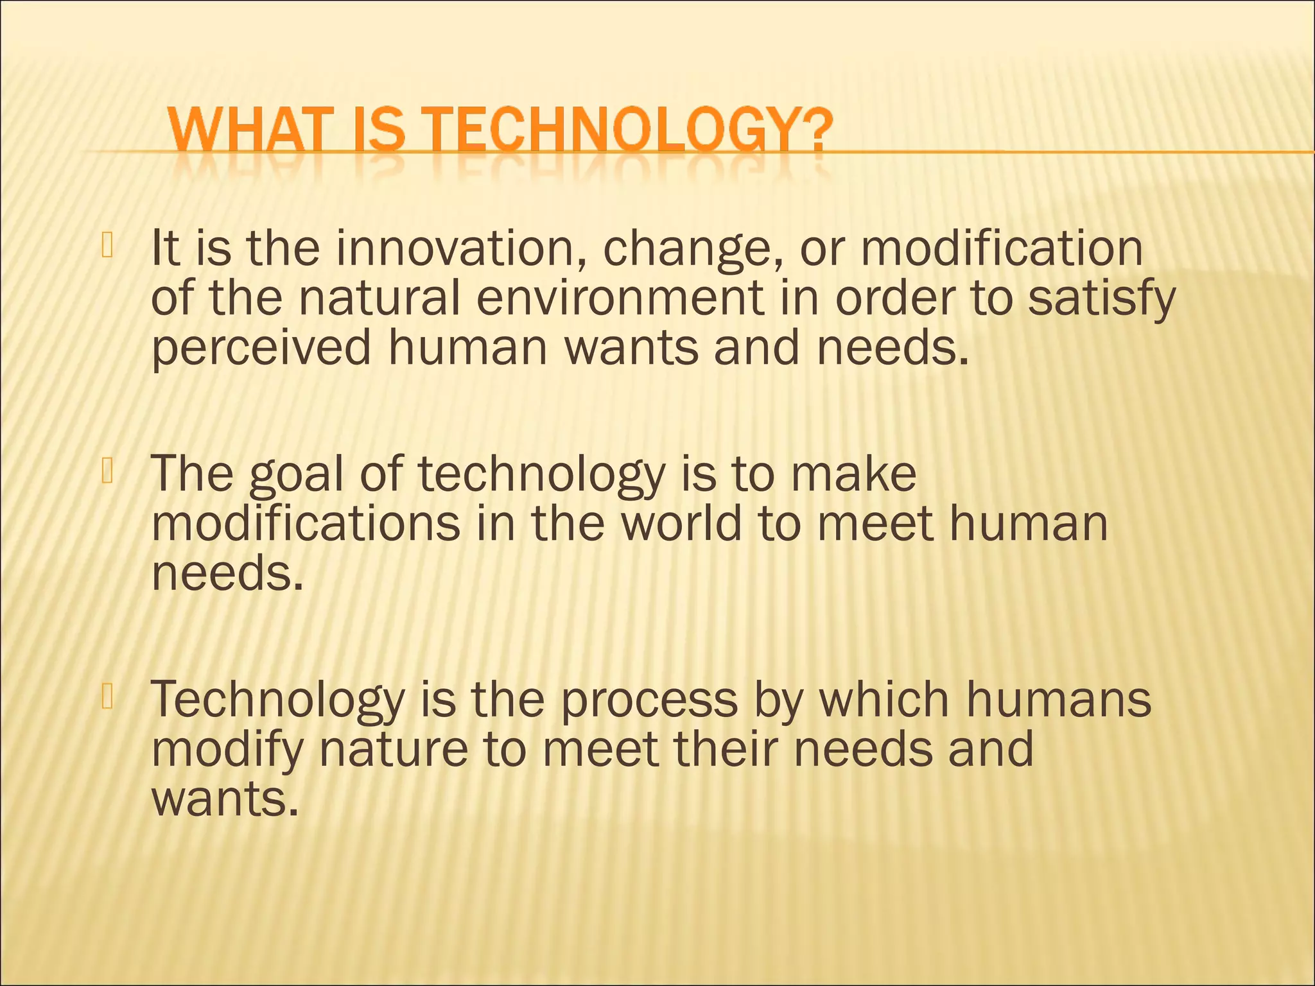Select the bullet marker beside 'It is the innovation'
click(107, 247)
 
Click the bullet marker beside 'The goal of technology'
click(107, 472)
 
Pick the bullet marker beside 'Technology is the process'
click(107, 698)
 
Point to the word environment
click(620, 298)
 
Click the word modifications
click(306, 523)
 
